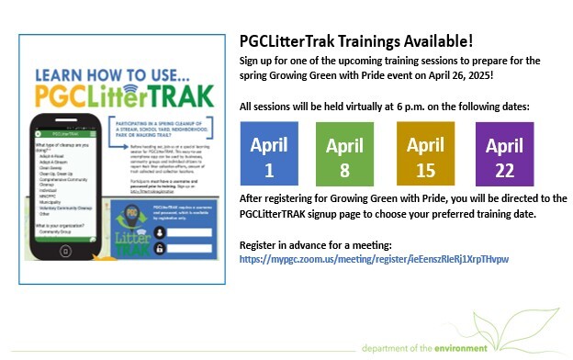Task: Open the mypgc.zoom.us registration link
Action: [x=373, y=260]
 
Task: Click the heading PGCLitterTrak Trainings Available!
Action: [x=357, y=40]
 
